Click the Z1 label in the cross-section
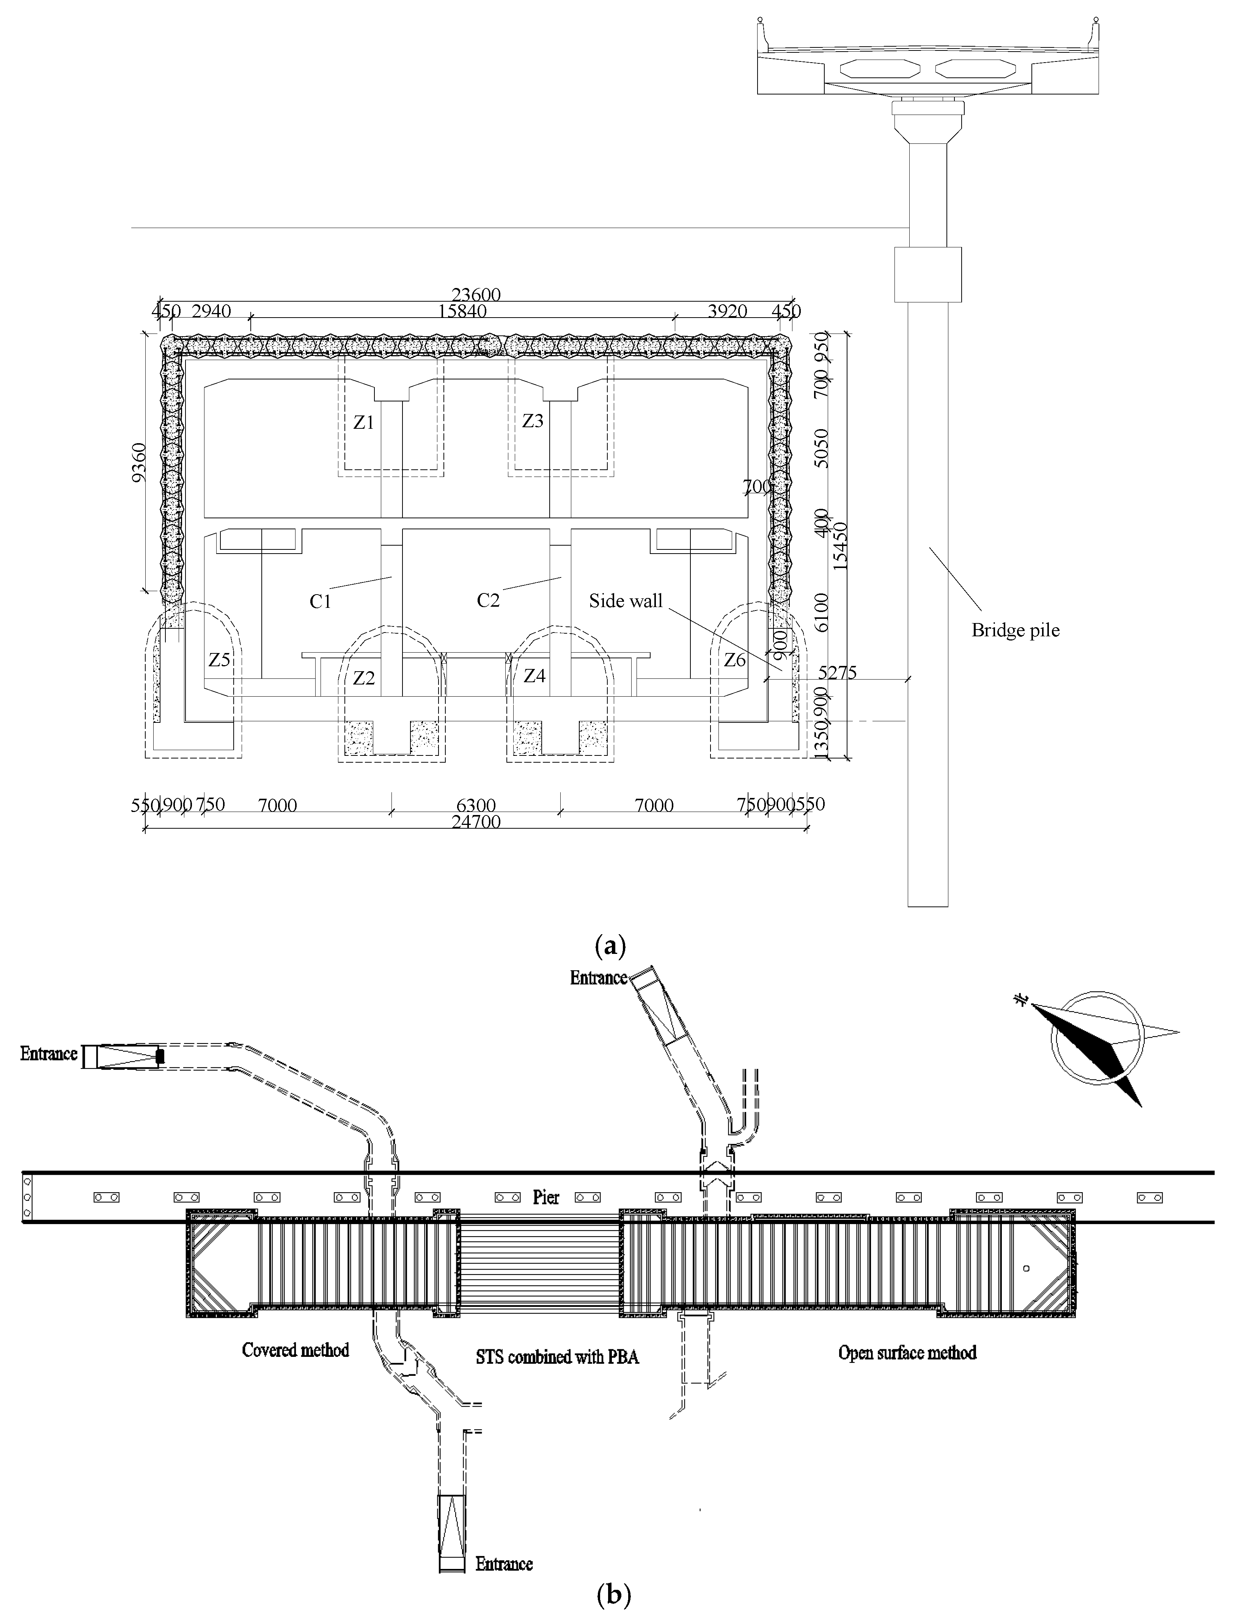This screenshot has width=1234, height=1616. (363, 422)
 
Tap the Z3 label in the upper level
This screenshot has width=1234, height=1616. (533, 421)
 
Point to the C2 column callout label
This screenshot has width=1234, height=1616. (488, 600)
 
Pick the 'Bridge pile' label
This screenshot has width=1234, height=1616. (1015, 630)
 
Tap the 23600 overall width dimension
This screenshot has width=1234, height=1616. (476, 294)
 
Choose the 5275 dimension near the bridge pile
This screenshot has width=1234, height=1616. (837, 672)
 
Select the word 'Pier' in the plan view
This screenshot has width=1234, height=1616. (546, 1197)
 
